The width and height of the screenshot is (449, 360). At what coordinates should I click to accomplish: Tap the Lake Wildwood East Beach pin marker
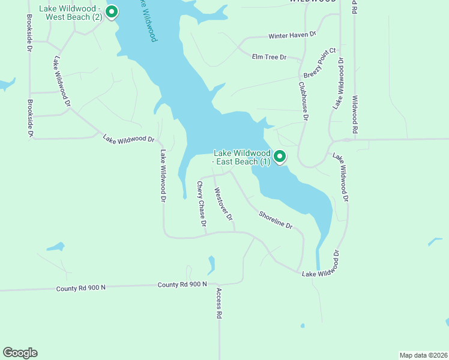pyautogui.click(x=280, y=157)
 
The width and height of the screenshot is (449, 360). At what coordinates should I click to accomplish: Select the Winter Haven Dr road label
pyautogui.click(x=292, y=36)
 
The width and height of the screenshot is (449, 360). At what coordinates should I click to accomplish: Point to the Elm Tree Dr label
pyautogui.click(x=270, y=58)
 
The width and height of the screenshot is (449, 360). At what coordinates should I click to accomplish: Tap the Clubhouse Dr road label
pyautogui.click(x=303, y=101)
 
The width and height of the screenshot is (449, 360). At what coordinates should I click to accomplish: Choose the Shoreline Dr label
pyautogui.click(x=276, y=220)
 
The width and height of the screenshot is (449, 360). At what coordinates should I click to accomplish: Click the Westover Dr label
pyautogui.click(x=223, y=205)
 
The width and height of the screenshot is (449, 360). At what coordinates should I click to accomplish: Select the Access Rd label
pyautogui.click(x=220, y=303)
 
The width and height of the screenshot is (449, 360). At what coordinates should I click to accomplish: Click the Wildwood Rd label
pyautogui.click(x=355, y=114)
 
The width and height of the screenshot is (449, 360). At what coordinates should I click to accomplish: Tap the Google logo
pyautogui.click(x=20, y=353)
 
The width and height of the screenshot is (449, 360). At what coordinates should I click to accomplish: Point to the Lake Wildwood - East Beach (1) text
pyautogui.click(x=243, y=157)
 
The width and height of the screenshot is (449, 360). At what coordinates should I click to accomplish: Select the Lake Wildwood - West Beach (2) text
pyautogui.click(x=71, y=13)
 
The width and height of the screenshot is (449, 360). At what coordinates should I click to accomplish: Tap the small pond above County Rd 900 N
pyautogui.click(x=55, y=247)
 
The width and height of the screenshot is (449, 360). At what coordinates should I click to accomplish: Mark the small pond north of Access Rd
pyautogui.click(x=211, y=264)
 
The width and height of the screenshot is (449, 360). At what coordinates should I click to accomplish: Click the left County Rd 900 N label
pyautogui.click(x=82, y=288)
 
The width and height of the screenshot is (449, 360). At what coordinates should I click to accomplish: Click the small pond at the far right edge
pyautogui.click(x=435, y=242)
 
